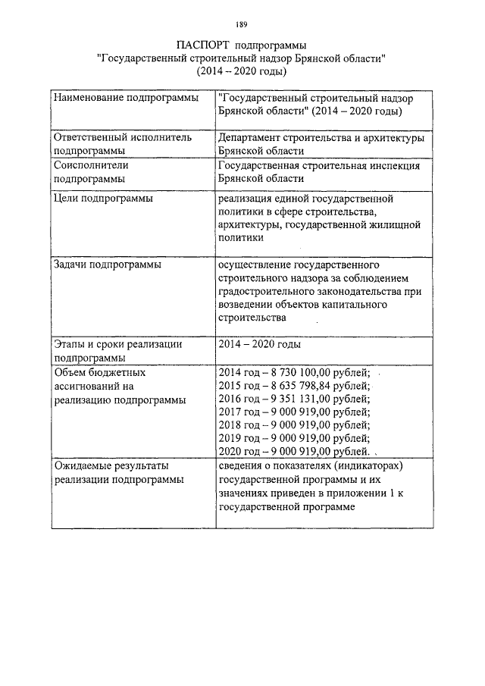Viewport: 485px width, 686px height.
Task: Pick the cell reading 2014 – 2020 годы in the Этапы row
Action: pyautogui.click(x=258, y=344)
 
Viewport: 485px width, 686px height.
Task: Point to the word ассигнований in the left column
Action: pyautogui.click(x=88, y=386)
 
